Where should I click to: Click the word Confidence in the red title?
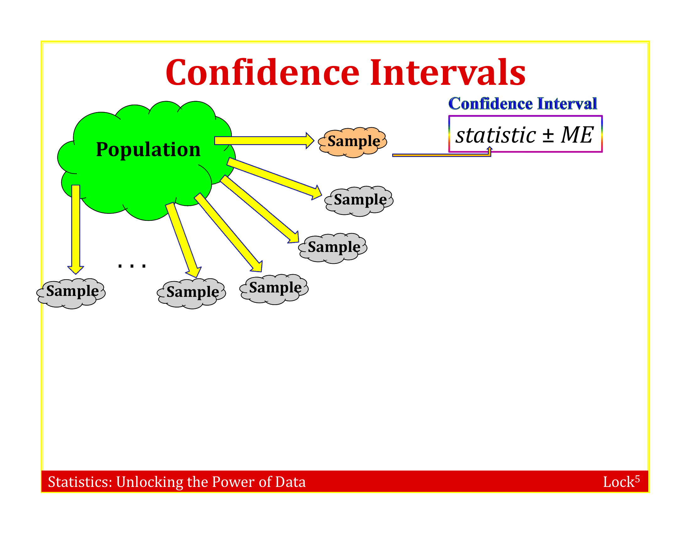(262, 73)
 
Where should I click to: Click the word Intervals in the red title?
(447, 73)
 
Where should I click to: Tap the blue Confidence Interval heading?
(523, 103)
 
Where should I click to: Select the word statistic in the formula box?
(495, 135)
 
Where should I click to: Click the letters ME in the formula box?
(577, 135)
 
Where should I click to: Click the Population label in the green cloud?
(148, 149)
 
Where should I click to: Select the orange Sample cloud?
(352, 142)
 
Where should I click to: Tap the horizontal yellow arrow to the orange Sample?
(264, 141)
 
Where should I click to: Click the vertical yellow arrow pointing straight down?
(76, 229)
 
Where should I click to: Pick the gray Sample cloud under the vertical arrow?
(71, 294)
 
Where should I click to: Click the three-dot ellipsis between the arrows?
(132, 265)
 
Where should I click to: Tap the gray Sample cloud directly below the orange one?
(359, 201)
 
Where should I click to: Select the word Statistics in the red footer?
(80, 482)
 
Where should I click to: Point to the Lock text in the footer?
(618, 482)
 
